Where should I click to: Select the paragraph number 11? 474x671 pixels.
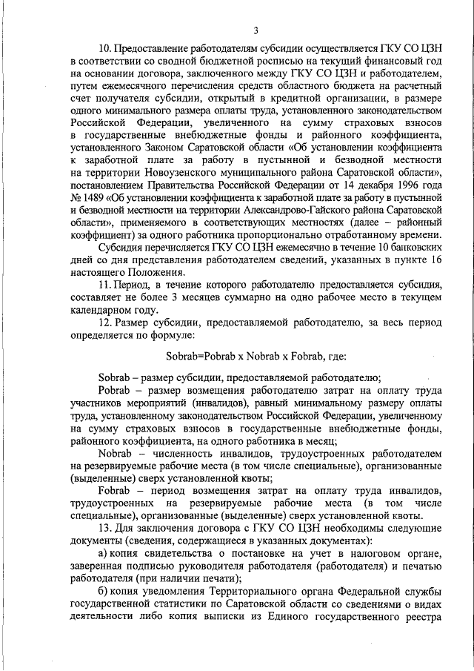[x=104, y=305]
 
